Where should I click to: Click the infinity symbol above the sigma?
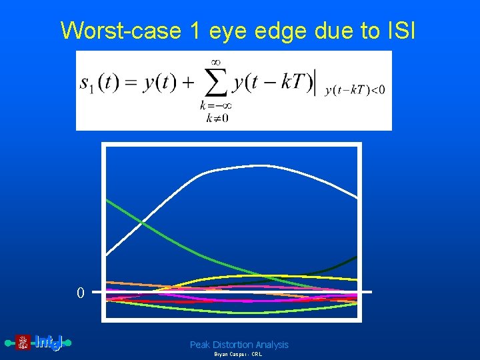click(215, 63)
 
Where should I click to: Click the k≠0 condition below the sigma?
click(213, 118)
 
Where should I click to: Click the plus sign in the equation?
click(189, 83)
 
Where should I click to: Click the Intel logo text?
click(48, 343)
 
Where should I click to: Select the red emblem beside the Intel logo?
click(23, 343)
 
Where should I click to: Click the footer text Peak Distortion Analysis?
click(239, 345)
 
